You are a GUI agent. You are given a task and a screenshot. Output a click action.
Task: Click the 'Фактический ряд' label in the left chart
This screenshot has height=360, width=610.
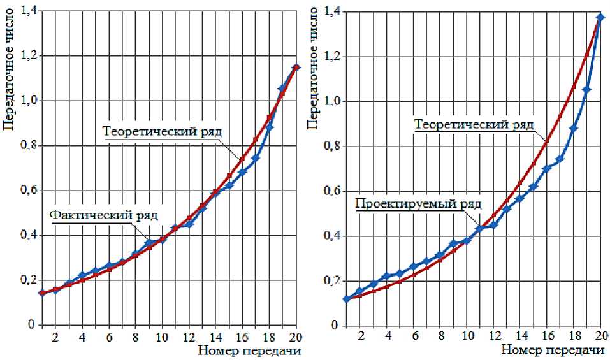pyautogui.click(x=103, y=214)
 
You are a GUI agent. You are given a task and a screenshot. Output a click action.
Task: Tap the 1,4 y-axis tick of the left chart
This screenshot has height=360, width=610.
pyautogui.click(x=29, y=11)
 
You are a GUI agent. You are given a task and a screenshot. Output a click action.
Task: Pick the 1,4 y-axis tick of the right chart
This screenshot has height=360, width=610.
pyautogui.click(x=333, y=11)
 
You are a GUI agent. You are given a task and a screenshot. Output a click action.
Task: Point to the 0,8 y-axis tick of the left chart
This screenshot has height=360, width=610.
pyautogui.click(x=29, y=146)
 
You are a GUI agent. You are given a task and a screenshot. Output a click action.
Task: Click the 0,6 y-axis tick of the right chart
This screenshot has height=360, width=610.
pyautogui.click(x=333, y=191)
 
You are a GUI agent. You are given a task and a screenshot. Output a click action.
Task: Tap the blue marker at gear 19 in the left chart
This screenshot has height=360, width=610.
pyautogui.click(x=282, y=89)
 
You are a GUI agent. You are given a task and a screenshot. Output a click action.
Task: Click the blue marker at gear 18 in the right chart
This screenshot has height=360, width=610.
pyautogui.click(x=574, y=129)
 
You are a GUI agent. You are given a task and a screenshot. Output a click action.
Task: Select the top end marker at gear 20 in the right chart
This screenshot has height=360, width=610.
pyautogui.click(x=600, y=17)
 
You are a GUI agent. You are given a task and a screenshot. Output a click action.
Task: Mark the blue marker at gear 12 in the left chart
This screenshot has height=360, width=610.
pyautogui.click(x=189, y=224)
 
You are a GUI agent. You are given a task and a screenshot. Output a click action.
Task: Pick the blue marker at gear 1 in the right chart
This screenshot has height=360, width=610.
pyautogui.click(x=346, y=298)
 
